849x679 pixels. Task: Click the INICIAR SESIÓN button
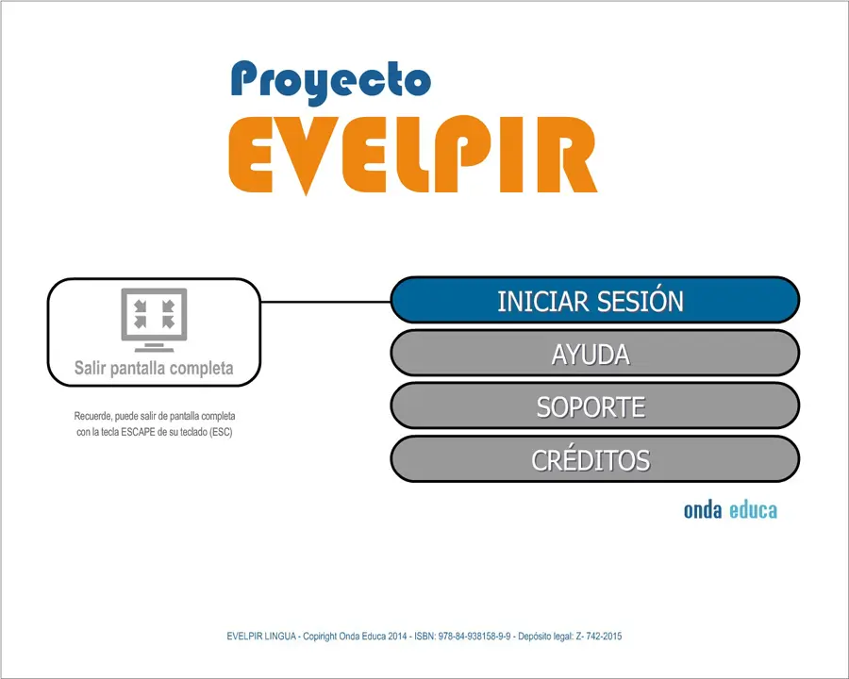[x=594, y=300]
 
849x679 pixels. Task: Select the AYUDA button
[x=594, y=353]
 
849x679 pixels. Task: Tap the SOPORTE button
[x=594, y=406]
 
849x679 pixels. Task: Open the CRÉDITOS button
[x=594, y=459]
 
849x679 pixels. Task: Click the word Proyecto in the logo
[x=331, y=82]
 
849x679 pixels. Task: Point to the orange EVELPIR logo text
[x=412, y=155]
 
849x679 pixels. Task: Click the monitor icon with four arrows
[x=155, y=320]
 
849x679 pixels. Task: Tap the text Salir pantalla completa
[x=154, y=368]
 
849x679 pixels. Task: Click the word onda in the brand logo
[x=702, y=510]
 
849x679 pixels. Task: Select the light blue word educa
[x=753, y=510]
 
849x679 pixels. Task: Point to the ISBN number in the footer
[x=474, y=637]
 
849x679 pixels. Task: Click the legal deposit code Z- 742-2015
[x=598, y=637]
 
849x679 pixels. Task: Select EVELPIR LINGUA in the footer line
[x=261, y=637]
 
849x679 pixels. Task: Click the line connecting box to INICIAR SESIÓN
[x=326, y=302]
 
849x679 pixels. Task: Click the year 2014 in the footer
[x=397, y=637]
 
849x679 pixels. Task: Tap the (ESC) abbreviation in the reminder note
[x=221, y=432]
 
